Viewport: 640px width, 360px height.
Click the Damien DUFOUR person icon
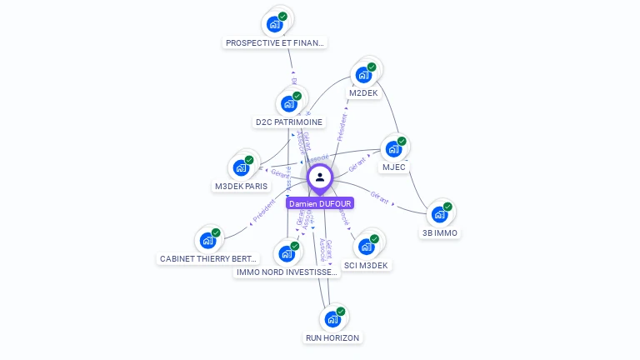pyautogui.click(x=320, y=177)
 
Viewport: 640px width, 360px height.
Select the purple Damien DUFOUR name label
pyautogui.click(x=320, y=203)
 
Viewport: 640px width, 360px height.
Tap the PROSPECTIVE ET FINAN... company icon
pyautogui.click(x=274, y=24)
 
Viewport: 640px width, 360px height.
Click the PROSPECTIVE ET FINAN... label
pyautogui.click(x=275, y=42)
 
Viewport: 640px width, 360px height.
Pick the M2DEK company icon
pyautogui.click(x=363, y=75)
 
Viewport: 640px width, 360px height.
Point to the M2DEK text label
pyautogui.click(x=363, y=92)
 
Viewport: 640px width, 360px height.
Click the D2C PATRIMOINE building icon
pyautogui.click(x=288, y=104)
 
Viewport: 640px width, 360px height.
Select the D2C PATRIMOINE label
pyautogui.click(x=288, y=122)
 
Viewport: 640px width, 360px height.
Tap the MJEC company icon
pyautogui.click(x=393, y=150)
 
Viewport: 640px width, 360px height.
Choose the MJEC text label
pyautogui.click(x=394, y=167)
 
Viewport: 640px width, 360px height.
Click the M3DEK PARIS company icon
pyautogui.click(x=242, y=168)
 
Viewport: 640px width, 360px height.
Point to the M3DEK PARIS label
pyautogui.click(x=242, y=187)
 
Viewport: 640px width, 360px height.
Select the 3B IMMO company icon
pyautogui.click(x=439, y=215)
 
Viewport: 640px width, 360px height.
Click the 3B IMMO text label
pyautogui.click(x=439, y=233)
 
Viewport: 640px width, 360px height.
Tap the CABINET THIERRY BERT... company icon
pyautogui.click(x=208, y=241)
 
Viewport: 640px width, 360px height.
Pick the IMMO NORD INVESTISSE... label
pyautogui.click(x=287, y=272)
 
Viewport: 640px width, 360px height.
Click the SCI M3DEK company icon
pyautogui.click(x=366, y=247)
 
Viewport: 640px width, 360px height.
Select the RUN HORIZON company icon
pyautogui.click(x=332, y=319)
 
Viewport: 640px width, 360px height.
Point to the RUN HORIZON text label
pyautogui.click(x=332, y=337)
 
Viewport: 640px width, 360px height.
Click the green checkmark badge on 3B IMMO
pyautogui.click(x=447, y=207)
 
